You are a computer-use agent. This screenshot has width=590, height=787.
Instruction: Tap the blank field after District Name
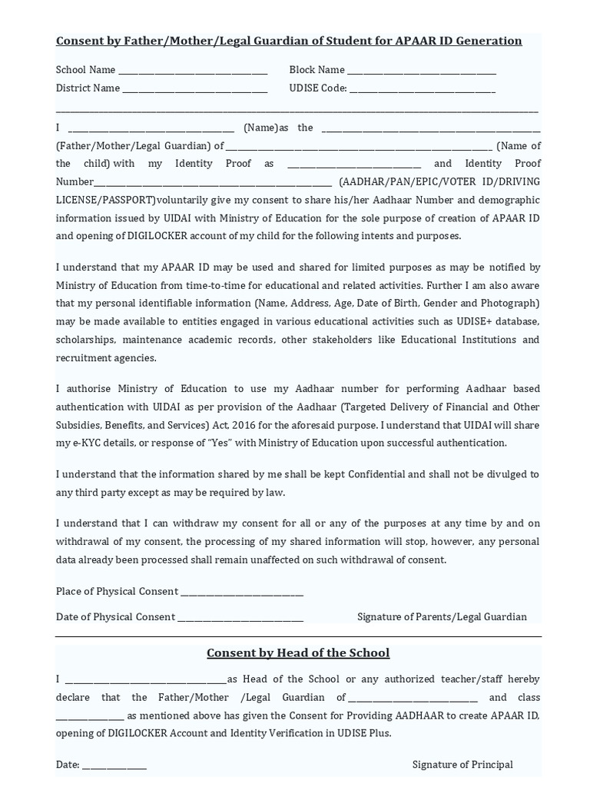pos(195,89)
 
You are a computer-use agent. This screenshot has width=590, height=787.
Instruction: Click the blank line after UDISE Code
pos(422,89)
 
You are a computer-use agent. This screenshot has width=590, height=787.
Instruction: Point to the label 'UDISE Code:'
pos(318,88)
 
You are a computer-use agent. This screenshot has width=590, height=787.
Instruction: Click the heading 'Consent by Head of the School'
pos(298,653)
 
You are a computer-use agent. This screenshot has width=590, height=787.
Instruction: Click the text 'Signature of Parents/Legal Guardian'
pos(442,617)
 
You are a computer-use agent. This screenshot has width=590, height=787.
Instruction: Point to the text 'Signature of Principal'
pos(462,765)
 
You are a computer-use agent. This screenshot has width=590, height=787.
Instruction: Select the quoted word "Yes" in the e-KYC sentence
pos(220,443)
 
